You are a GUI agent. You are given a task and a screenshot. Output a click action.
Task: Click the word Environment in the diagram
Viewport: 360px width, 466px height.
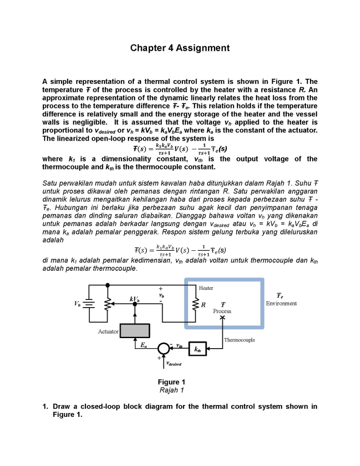coord(281,304)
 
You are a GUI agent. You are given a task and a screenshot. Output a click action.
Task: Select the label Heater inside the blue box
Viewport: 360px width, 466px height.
coord(206,288)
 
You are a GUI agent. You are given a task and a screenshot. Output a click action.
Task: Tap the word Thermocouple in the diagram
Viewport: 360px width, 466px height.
coord(239,340)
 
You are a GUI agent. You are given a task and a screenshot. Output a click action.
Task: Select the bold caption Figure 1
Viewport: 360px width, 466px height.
coord(171,382)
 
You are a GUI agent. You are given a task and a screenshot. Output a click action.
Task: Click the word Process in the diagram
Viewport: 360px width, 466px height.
coord(222,311)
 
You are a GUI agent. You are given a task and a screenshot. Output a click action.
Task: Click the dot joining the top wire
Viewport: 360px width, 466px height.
coord(108,285)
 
